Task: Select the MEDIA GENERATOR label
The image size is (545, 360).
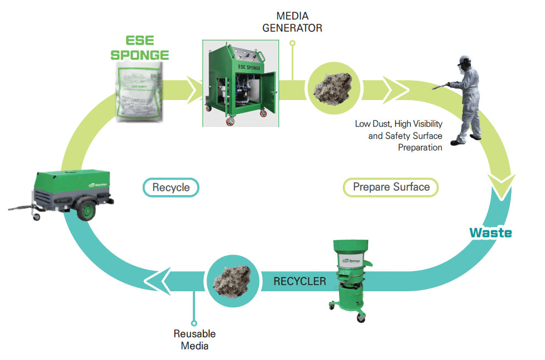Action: [292, 21]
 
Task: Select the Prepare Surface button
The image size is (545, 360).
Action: [391, 187]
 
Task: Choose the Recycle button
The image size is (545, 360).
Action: [171, 187]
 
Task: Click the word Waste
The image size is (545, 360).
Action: [490, 233]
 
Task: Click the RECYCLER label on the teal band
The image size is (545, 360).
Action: [299, 281]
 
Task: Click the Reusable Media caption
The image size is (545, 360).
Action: [194, 340]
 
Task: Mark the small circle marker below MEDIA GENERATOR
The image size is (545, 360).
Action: [292, 43]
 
